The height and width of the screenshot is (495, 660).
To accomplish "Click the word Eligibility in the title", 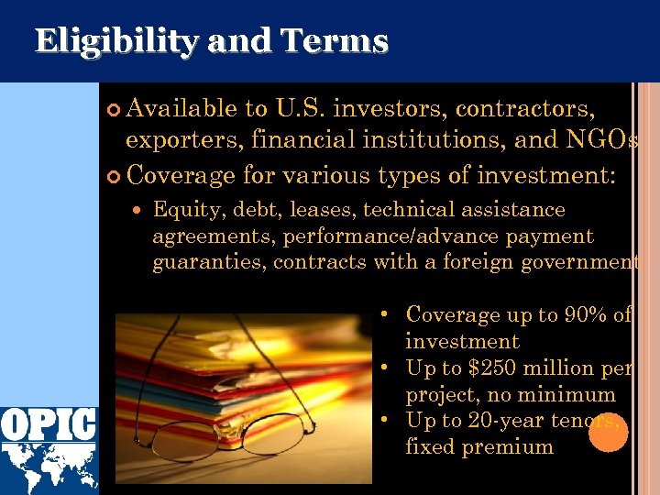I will pyautogui.click(x=110, y=41).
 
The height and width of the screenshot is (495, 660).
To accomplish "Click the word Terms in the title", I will pyautogui.click(x=335, y=41).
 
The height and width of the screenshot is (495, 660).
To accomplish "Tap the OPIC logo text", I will pyautogui.click(x=49, y=423).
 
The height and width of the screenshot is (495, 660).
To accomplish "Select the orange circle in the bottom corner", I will pyautogui.click(x=608, y=433).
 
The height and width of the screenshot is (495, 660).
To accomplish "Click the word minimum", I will pyautogui.click(x=571, y=395).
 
